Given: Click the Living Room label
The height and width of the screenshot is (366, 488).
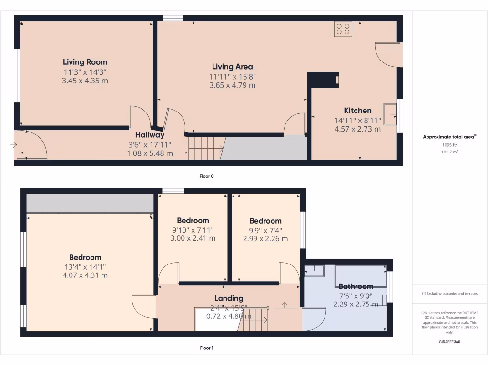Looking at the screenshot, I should [x=85, y=62].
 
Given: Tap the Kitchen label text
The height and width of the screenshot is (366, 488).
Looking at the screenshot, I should [x=358, y=111].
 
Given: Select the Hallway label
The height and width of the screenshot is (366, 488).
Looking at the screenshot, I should [x=150, y=135].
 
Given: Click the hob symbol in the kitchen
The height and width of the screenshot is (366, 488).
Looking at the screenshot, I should [x=343, y=29].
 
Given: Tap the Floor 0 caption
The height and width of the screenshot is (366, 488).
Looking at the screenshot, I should [x=206, y=176].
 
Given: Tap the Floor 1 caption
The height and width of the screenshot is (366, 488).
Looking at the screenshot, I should [x=206, y=348].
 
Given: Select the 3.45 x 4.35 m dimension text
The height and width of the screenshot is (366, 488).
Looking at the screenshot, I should [x=85, y=81].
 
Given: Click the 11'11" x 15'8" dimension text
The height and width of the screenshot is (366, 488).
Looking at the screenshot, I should [x=233, y=76].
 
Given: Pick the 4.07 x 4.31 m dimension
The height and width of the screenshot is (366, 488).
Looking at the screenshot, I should [x=85, y=275].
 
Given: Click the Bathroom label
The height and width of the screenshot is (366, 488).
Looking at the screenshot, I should [x=356, y=286].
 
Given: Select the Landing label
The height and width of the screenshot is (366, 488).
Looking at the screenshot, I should [x=229, y=299].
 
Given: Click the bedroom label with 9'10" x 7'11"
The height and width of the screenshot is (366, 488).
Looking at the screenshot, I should [x=193, y=221].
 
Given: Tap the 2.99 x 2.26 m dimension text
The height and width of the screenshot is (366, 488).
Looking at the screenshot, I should [x=265, y=239].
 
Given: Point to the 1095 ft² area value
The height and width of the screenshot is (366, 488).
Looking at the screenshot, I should [x=450, y=145].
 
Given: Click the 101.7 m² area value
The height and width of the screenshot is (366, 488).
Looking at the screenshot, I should [x=450, y=152].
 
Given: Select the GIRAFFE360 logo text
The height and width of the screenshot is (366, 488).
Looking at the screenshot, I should [x=450, y=342].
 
